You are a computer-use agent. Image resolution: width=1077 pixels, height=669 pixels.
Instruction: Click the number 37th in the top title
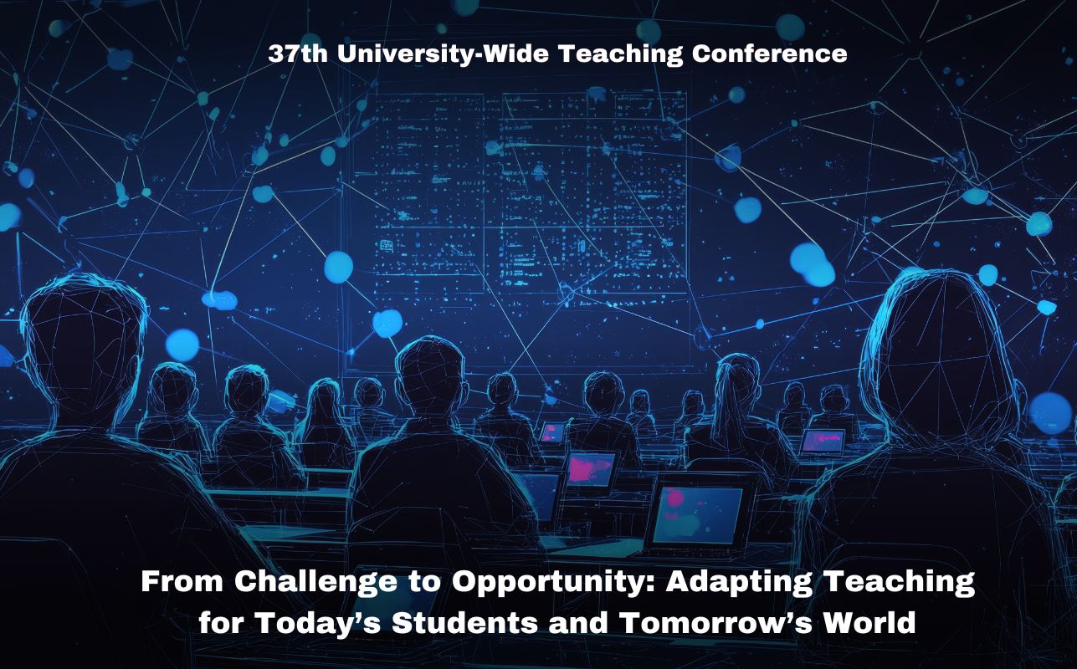pyautogui.click(x=298, y=54)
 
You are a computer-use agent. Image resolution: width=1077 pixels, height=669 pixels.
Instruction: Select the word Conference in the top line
pyautogui.click(x=769, y=54)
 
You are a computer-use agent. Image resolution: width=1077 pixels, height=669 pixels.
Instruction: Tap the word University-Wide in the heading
pyautogui.click(x=443, y=54)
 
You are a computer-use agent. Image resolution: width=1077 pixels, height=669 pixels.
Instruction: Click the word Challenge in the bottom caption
pyautogui.click(x=315, y=581)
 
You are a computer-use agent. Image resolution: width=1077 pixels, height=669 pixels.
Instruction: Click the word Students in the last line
pyautogui.click(x=465, y=622)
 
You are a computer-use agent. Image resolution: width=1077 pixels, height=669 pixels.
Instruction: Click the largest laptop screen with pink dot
pyautogui.click(x=697, y=515)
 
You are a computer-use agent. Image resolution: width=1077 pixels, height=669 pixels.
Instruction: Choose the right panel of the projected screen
pyautogui.click(x=594, y=193)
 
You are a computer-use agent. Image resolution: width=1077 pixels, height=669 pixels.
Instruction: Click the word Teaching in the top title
pyautogui.click(x=620, y=54)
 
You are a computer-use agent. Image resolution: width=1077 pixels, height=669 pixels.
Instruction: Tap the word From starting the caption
pyautogui.click(x=182, y=581)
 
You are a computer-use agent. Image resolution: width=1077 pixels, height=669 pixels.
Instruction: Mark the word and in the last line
pyautogui.click(x=579, y=622)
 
